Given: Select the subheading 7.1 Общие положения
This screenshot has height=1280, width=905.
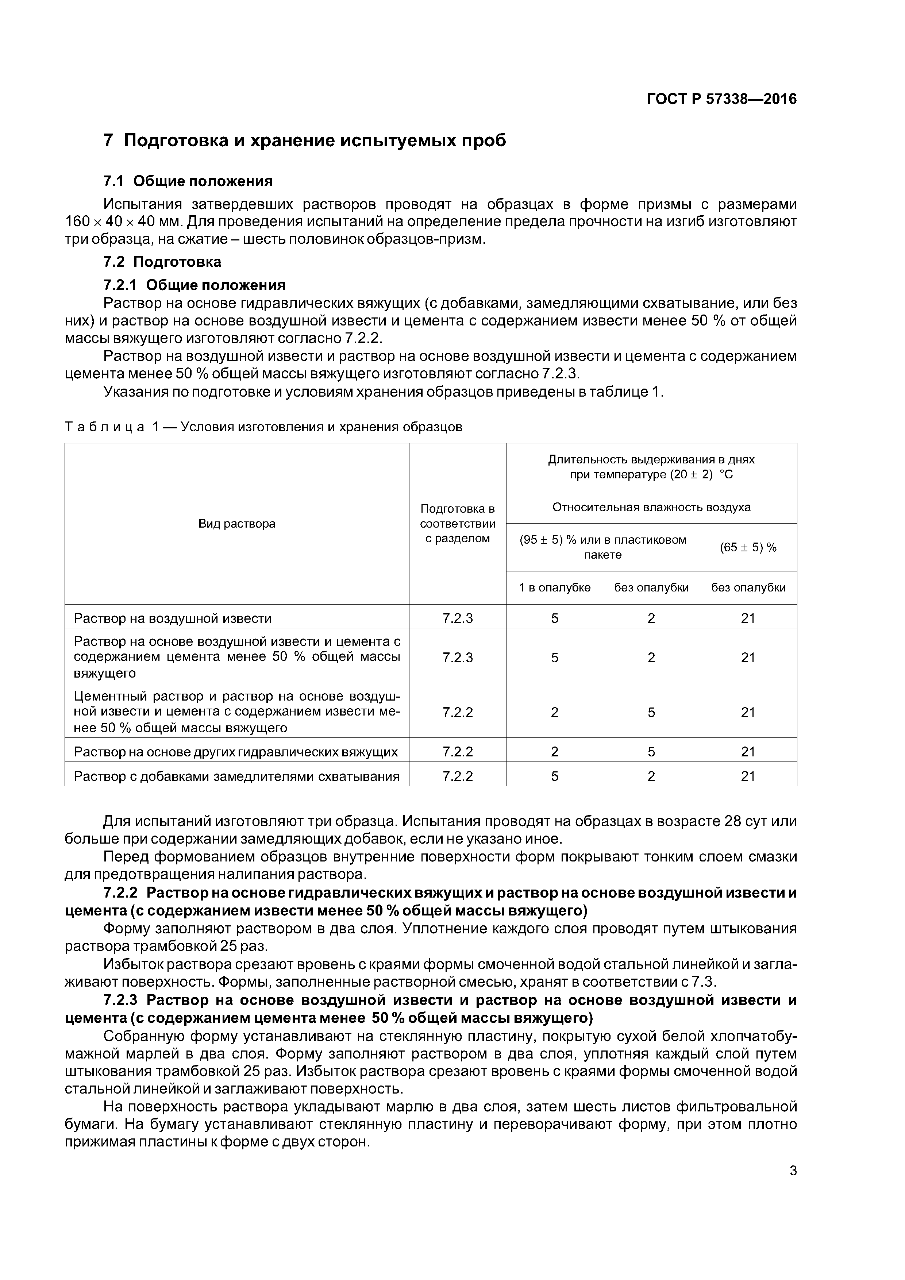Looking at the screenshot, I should (188, 181).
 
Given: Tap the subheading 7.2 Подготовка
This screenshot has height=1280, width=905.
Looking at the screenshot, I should (162, 262).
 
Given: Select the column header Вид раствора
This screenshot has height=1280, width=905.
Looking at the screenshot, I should (236, 524).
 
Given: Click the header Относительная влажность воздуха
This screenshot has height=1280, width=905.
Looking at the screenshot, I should (651, 507).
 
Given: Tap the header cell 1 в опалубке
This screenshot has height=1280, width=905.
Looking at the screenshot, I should (554, 587).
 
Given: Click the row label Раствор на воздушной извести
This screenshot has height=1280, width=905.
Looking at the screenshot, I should (173, 618).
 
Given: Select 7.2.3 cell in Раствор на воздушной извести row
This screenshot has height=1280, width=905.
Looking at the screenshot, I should (457, 618).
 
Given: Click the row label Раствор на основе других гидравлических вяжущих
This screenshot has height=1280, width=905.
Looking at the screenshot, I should (236, 752).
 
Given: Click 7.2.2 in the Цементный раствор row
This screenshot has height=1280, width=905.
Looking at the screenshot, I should (457, 713).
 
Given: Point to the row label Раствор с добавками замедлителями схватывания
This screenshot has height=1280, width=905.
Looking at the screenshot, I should (236, 776).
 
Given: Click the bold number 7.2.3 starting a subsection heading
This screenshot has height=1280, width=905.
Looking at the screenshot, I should (120, 1000).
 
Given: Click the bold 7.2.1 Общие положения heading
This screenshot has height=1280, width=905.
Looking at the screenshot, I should (194, 285).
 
